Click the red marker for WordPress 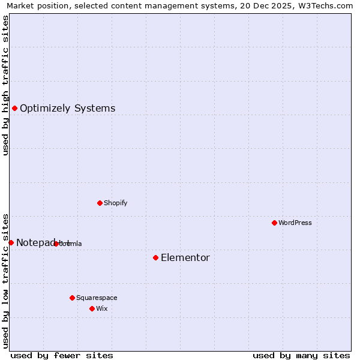[x=274, y=223]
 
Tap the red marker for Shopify [x=100, y=203]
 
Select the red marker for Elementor [x=155, y=257]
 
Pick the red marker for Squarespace [x=72, y=298]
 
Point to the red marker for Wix [x=92, y=308]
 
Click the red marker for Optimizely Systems [x=14, y=108]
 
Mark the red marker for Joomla [x=56, y=244]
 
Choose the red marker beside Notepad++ [x=11, y=242]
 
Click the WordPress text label [x=295, y=223]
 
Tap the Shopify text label [x=116, y=203]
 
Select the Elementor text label [x=185, y=258]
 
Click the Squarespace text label [x=97, y=298]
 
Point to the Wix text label [x=102, y=308]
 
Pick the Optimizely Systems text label [x=68, y=109]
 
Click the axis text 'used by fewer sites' [x=62, y=355]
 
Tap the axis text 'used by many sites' [x=301, y=355]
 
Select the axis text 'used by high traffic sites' [x=5, y=85]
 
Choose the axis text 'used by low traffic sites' [x=5, y=280]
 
